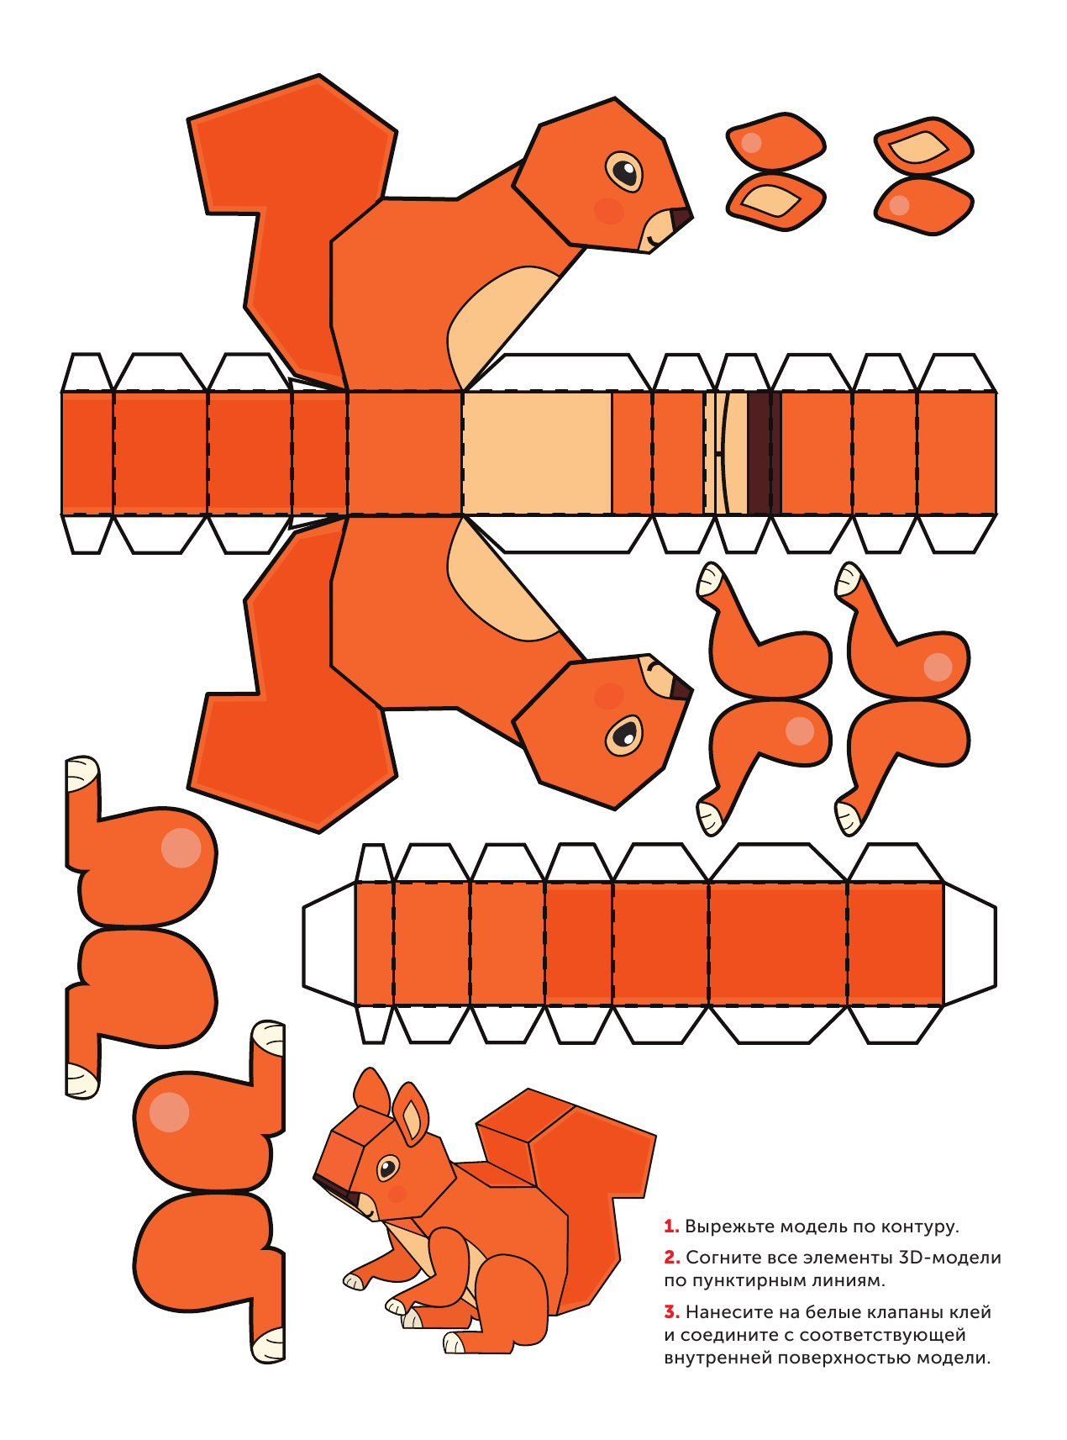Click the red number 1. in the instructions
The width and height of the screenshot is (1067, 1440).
(671, 1226)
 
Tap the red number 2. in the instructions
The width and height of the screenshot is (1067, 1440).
(672, 1258)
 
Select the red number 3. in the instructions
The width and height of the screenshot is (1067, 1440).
(672, 1311)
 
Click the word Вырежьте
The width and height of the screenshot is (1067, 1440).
(729, 1226)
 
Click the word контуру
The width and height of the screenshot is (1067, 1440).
(920, 1227)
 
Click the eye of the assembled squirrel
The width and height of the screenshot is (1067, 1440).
(387, 1168)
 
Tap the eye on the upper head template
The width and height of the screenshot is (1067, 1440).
(624, 171)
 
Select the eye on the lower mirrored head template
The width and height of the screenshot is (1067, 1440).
(624, 735)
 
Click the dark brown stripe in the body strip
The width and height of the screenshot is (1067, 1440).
(760, 452)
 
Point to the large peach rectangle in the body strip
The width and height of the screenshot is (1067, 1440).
(537, 452)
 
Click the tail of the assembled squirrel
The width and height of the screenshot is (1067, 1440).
(571, 1177)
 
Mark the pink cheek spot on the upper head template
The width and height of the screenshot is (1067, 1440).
(609, 210)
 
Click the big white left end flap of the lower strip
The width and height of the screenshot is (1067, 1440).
(329, 943)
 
